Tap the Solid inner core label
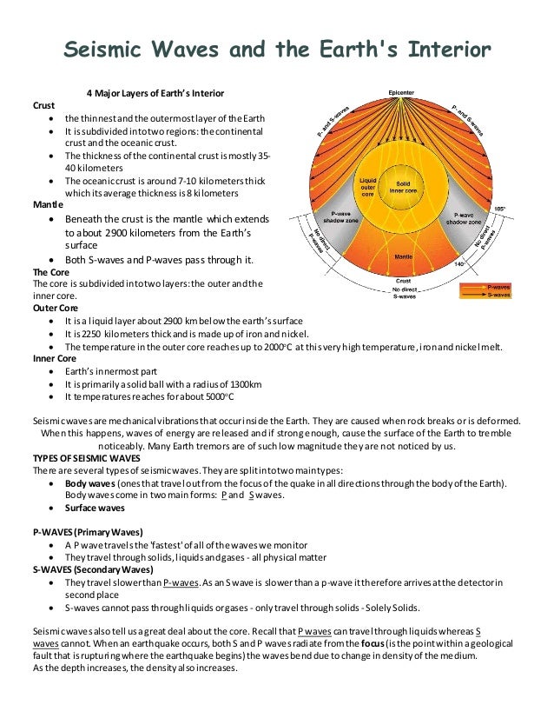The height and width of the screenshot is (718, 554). tap(403, 189)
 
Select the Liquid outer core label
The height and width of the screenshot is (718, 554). tap(367, 188)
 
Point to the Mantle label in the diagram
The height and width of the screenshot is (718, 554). tap(403, 257)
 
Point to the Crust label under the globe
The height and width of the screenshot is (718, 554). tap(403, 281)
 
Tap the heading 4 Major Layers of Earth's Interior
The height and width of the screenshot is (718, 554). tap(155, 93)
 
